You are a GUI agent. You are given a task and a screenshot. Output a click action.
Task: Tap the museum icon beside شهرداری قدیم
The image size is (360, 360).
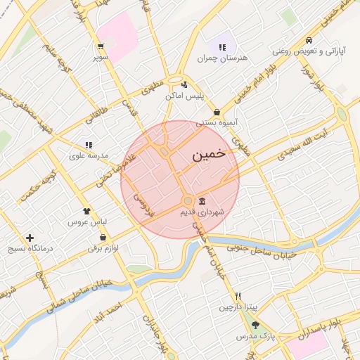click(202, 200)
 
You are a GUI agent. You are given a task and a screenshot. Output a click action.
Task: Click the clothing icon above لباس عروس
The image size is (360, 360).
click(86, 210)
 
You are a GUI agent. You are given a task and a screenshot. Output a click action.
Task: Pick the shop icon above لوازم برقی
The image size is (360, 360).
click(103, 237)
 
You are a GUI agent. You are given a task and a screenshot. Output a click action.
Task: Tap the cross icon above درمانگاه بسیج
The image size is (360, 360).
click(29, 238)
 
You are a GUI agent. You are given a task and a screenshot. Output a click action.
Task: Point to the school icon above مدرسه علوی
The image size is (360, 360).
click(88, 144)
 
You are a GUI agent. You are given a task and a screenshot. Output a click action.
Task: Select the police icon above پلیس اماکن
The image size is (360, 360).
click(184, 84)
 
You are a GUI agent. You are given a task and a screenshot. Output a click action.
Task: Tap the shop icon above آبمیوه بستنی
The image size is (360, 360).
click(217, 112)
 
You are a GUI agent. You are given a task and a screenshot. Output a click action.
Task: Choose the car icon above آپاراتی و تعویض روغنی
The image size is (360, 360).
click(309, 40)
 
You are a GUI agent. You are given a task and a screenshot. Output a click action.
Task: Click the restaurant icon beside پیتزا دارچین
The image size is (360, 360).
click(238, 296)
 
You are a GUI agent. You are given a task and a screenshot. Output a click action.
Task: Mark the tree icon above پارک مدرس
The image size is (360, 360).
click(255, 325)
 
